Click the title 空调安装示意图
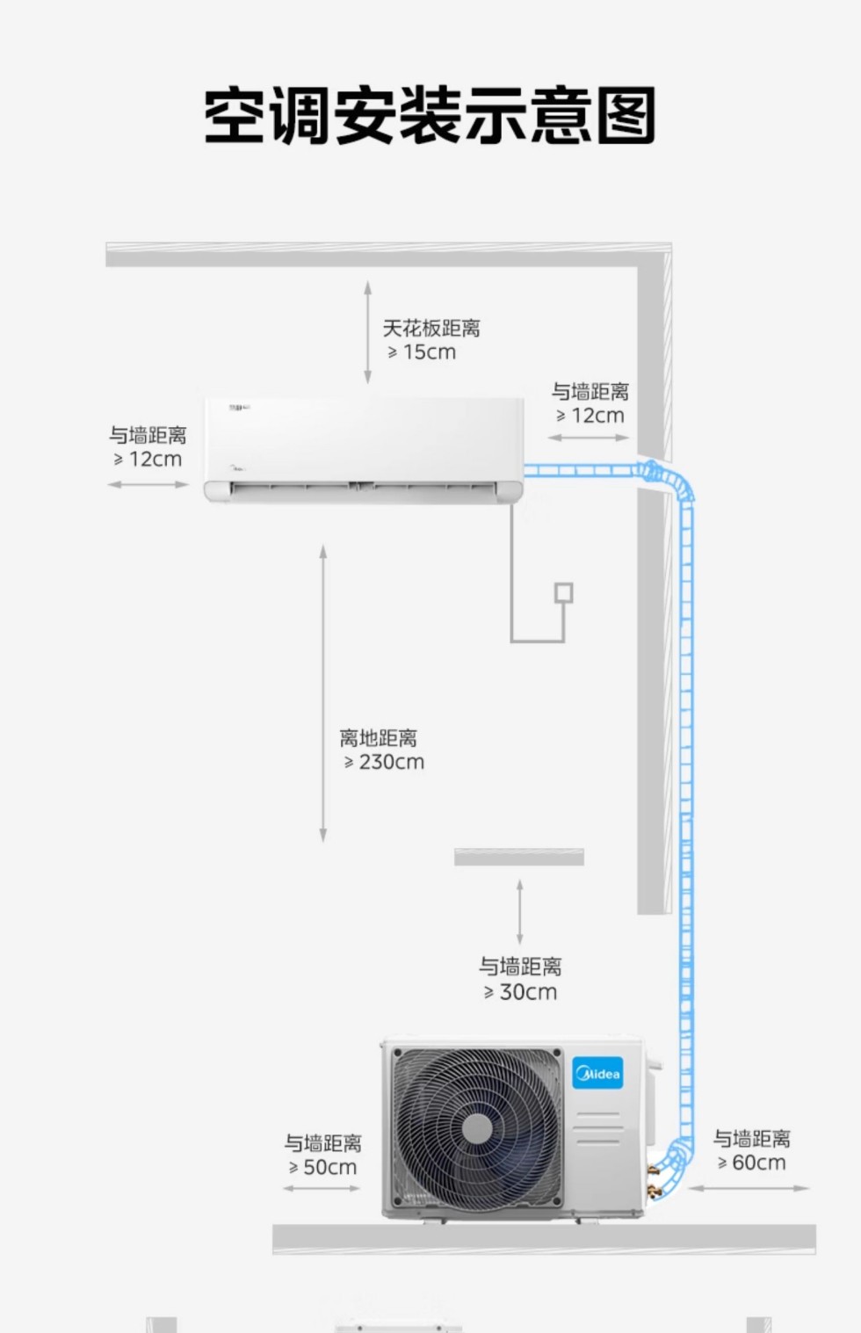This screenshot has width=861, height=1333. [430, 115]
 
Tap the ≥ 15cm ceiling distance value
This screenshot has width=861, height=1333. [422, 352]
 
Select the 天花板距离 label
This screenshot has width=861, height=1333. [430, 328]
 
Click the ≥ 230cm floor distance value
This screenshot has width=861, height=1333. [385, 763]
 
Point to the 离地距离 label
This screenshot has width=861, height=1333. [379, 738]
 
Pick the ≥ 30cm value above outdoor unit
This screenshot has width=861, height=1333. [520, 992]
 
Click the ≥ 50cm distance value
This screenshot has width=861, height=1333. [322, 1167]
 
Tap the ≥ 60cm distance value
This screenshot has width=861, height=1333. [751, 1163]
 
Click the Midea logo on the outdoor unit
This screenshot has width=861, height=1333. [597, 1072]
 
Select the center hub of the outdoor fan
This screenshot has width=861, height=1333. [477, 1128]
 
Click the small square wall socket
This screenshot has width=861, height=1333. [563, 593]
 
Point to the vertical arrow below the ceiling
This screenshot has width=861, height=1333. [368, 332]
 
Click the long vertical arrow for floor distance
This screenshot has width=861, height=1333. [323, 693]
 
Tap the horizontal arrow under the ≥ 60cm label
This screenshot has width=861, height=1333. [749, 1188]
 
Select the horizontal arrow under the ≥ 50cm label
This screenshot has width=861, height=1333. [322, 1188]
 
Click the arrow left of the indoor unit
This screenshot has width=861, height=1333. [148, 484]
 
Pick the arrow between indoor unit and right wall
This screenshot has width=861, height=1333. [588, 438]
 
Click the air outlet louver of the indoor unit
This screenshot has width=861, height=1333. [363, 489]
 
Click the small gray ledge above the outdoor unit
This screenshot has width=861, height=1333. [519, 857]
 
